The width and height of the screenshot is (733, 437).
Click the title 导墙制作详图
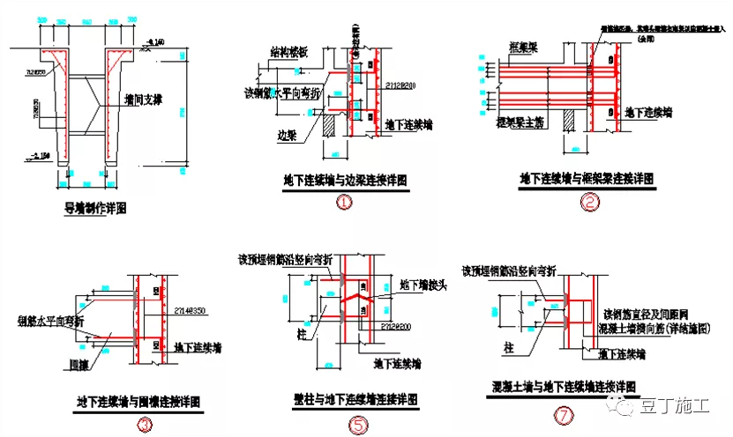tap(96, 209)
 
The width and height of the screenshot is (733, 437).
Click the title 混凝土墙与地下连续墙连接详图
tap(565, 386)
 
